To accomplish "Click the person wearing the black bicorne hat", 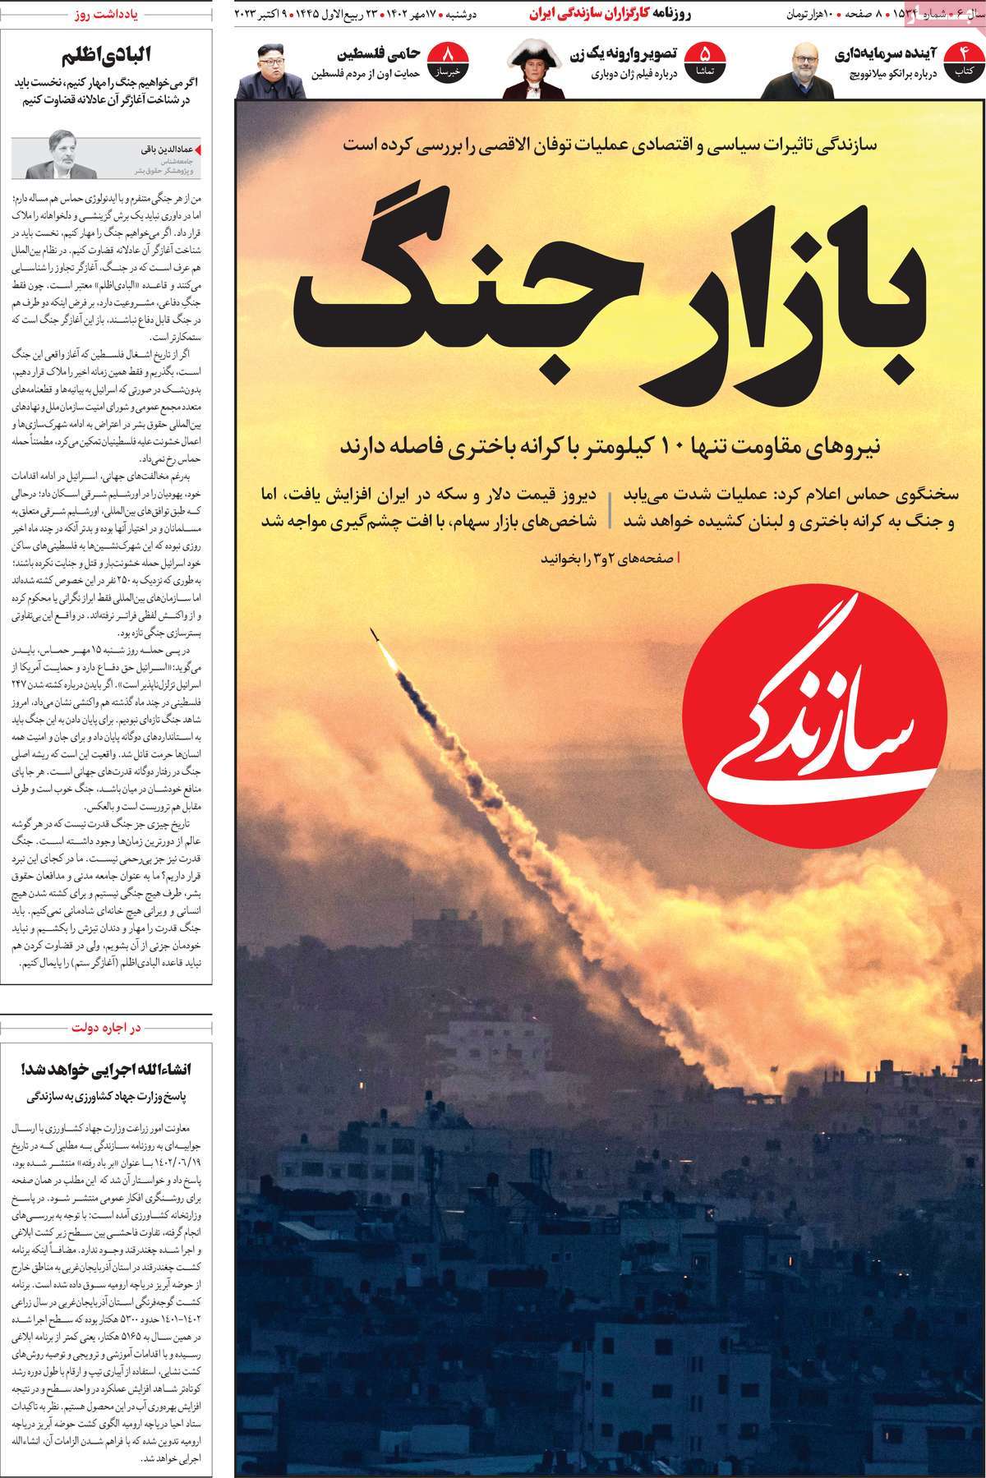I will (x=528, y=69).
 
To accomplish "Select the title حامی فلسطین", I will (x=380, y=54).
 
